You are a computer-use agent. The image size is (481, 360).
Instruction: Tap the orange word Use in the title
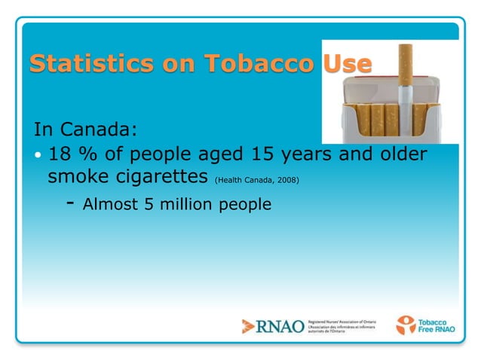click(x=347, y=64)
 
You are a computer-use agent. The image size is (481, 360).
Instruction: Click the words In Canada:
click(x=85, y=129)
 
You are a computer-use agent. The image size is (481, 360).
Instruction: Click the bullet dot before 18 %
click(x=39, y=155)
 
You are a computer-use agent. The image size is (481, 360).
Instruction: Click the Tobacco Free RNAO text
click(x=437, y=325)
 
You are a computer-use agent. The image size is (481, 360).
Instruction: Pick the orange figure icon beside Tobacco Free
click(x=406, y=325)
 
